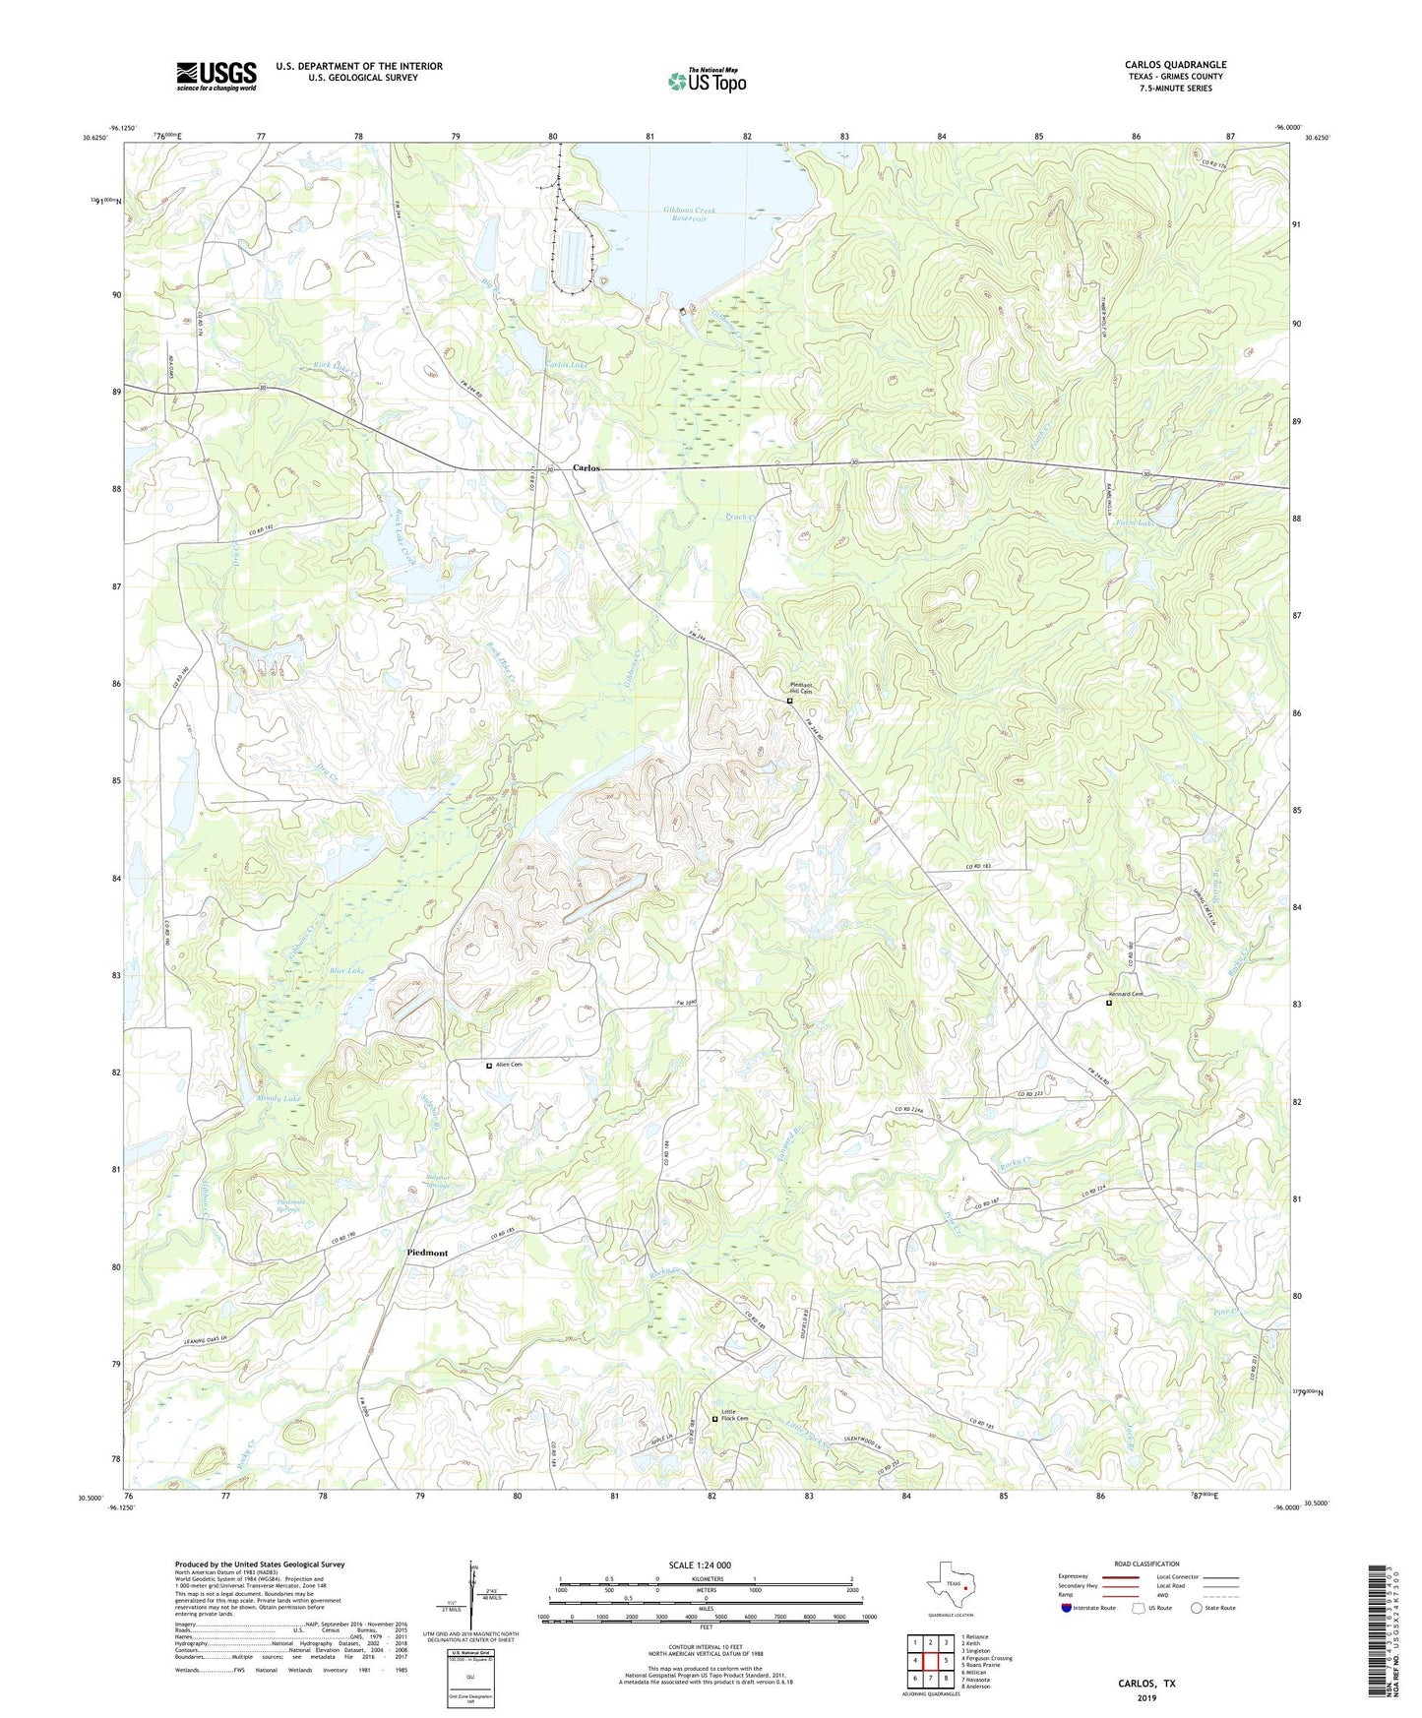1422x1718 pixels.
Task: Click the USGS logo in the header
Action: click(216, 75)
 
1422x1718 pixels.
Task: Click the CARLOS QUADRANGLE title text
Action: click(1175, 65)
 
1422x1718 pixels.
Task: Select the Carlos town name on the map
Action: click(587, 468)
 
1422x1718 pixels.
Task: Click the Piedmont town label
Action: click(427, 1253)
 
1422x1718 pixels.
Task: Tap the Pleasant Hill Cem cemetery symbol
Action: click(789, 702)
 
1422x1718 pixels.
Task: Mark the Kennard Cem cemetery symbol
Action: click(1108, 1004)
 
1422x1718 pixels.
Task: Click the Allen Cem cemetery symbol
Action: click(489, 1065)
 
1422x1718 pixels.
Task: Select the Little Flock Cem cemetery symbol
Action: click(714, 1419)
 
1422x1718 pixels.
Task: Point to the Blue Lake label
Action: click(345, 970)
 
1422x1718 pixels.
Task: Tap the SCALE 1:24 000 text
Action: click(700, 1565)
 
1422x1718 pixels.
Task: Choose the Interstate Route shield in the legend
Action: click(1067, 1609)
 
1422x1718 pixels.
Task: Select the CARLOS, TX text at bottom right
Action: click(1145, 1684)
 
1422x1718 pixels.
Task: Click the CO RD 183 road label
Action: click(984, 865)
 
